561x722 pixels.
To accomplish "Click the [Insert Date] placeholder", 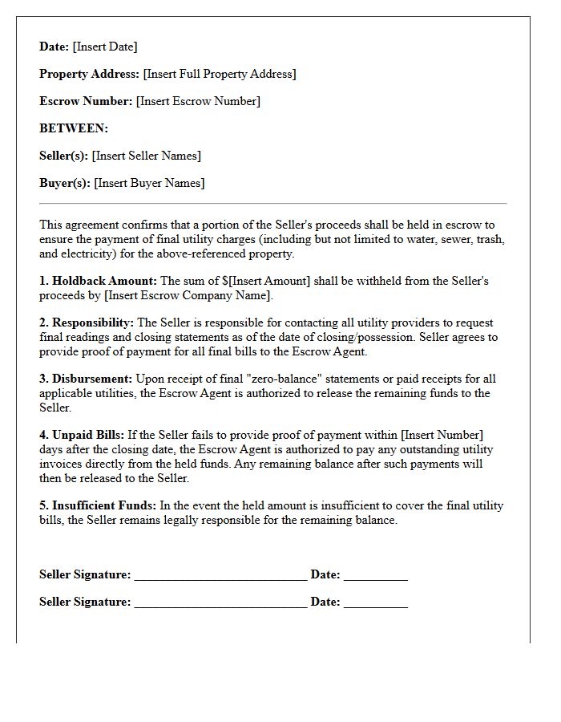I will (x=105, y=47).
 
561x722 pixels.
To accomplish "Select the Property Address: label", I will (x=89, y=74).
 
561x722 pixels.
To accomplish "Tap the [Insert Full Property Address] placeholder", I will (x=219, y=74).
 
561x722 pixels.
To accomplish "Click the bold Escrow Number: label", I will (x=86, y=101).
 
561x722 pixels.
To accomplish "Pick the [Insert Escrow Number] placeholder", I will (x=198, y=101).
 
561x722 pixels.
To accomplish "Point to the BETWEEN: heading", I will (x=74, y=128).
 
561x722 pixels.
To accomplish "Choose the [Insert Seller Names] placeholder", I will (x=146, y=156).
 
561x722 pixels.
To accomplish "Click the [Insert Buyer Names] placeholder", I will (x=149, y=183).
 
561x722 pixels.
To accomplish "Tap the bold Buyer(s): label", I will (x=65, y=183).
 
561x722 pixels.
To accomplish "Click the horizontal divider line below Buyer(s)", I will (x=272, y=204).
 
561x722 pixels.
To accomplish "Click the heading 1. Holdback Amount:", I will (x=98, y=281).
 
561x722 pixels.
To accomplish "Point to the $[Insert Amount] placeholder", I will (x=265, y=281).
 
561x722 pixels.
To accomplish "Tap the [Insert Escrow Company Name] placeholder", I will (x=188, y=295).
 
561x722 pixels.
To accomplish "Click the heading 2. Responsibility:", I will (x=87, y=322).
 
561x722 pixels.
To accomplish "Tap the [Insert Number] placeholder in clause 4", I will (x=435, y=435).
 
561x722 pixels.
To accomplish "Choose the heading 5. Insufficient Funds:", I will (x=98, y=505).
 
